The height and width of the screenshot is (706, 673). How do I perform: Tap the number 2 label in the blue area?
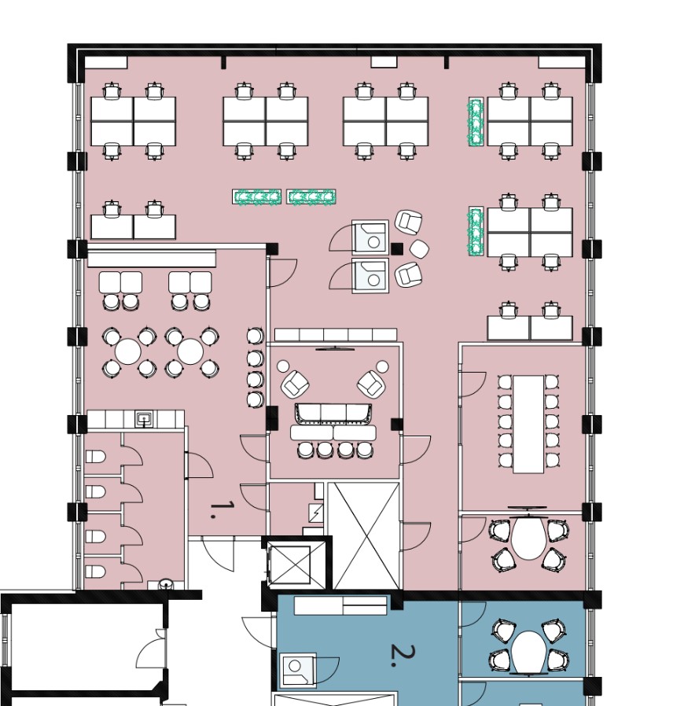[x=402, y=655]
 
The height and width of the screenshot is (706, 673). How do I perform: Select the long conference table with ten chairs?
[x=528, y=424]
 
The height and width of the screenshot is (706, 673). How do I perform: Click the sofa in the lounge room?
[x=333, y=414]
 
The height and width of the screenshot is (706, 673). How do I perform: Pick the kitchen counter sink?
[x=144, y=419]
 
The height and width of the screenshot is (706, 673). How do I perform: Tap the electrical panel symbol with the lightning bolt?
[x=316, y=513]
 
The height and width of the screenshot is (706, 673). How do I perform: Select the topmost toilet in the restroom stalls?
[x=95, y=457]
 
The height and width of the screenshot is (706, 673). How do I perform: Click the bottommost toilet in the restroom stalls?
[x=95, y=572]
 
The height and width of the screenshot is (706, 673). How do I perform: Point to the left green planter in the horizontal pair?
[x=256, y=197]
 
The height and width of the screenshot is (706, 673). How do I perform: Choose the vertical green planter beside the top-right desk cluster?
[x=476, y=122]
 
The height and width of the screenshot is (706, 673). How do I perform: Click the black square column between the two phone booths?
[x=396, y=248]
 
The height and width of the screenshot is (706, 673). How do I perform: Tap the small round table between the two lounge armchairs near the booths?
[x=419, y=249]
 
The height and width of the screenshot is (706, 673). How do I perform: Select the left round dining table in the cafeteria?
[x=128, y=351]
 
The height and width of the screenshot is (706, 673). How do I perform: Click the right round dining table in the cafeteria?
[x=190, y=351]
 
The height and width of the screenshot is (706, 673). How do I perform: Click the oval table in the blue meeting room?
[x=528, y=652]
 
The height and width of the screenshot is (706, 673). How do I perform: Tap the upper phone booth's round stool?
[x=373, y=242]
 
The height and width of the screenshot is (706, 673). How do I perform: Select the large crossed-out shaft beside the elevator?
[x=363, y=536]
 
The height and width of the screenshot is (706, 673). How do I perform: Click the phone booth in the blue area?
[x=297, y=670]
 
